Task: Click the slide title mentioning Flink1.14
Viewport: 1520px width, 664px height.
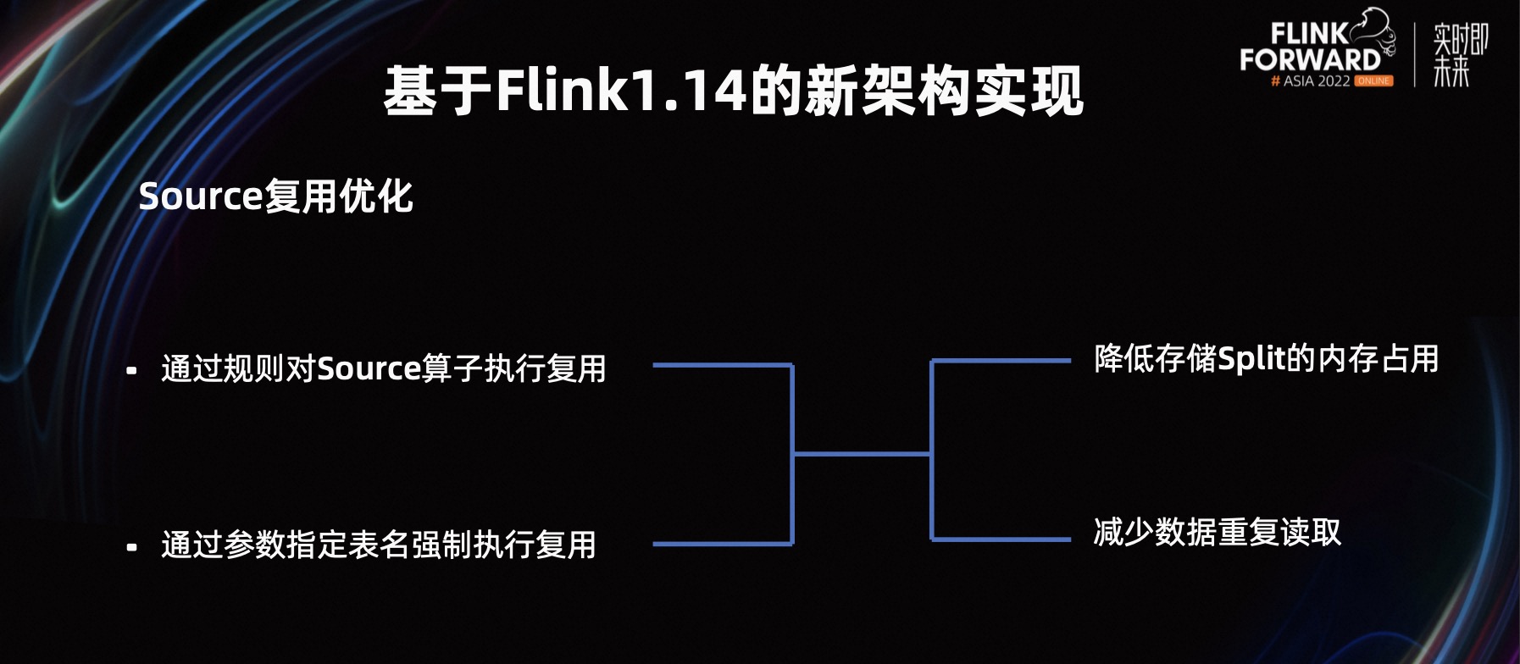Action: [x=734, y=91]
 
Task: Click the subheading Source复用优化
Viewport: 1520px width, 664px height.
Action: [x=275, y=196]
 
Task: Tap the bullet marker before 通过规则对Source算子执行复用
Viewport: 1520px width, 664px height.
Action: [x=131, y=371]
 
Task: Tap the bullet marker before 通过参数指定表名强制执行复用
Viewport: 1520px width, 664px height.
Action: [x=131, y=547]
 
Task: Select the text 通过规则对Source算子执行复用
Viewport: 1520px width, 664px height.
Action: [x=384, y=369]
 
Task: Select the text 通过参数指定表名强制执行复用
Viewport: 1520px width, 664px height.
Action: [x=378, y=545]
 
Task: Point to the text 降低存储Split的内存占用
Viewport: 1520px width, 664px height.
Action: [x=1266, y=359]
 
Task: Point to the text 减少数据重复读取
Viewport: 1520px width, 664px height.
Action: [x=1217, y=533]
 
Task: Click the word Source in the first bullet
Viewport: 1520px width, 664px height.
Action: [x=369, y=369]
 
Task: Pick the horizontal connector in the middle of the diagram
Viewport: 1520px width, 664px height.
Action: [x=862, y=454]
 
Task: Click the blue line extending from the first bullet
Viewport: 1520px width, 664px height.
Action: [x=722, y=365]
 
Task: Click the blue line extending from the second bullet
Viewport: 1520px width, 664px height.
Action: [x=722, y=544]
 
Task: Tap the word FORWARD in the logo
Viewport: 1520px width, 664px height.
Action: [x=1310, y=60]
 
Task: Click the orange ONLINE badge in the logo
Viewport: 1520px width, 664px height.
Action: [x=1373, y=81]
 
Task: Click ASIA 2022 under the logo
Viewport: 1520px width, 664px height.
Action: [x=1316, y=81]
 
